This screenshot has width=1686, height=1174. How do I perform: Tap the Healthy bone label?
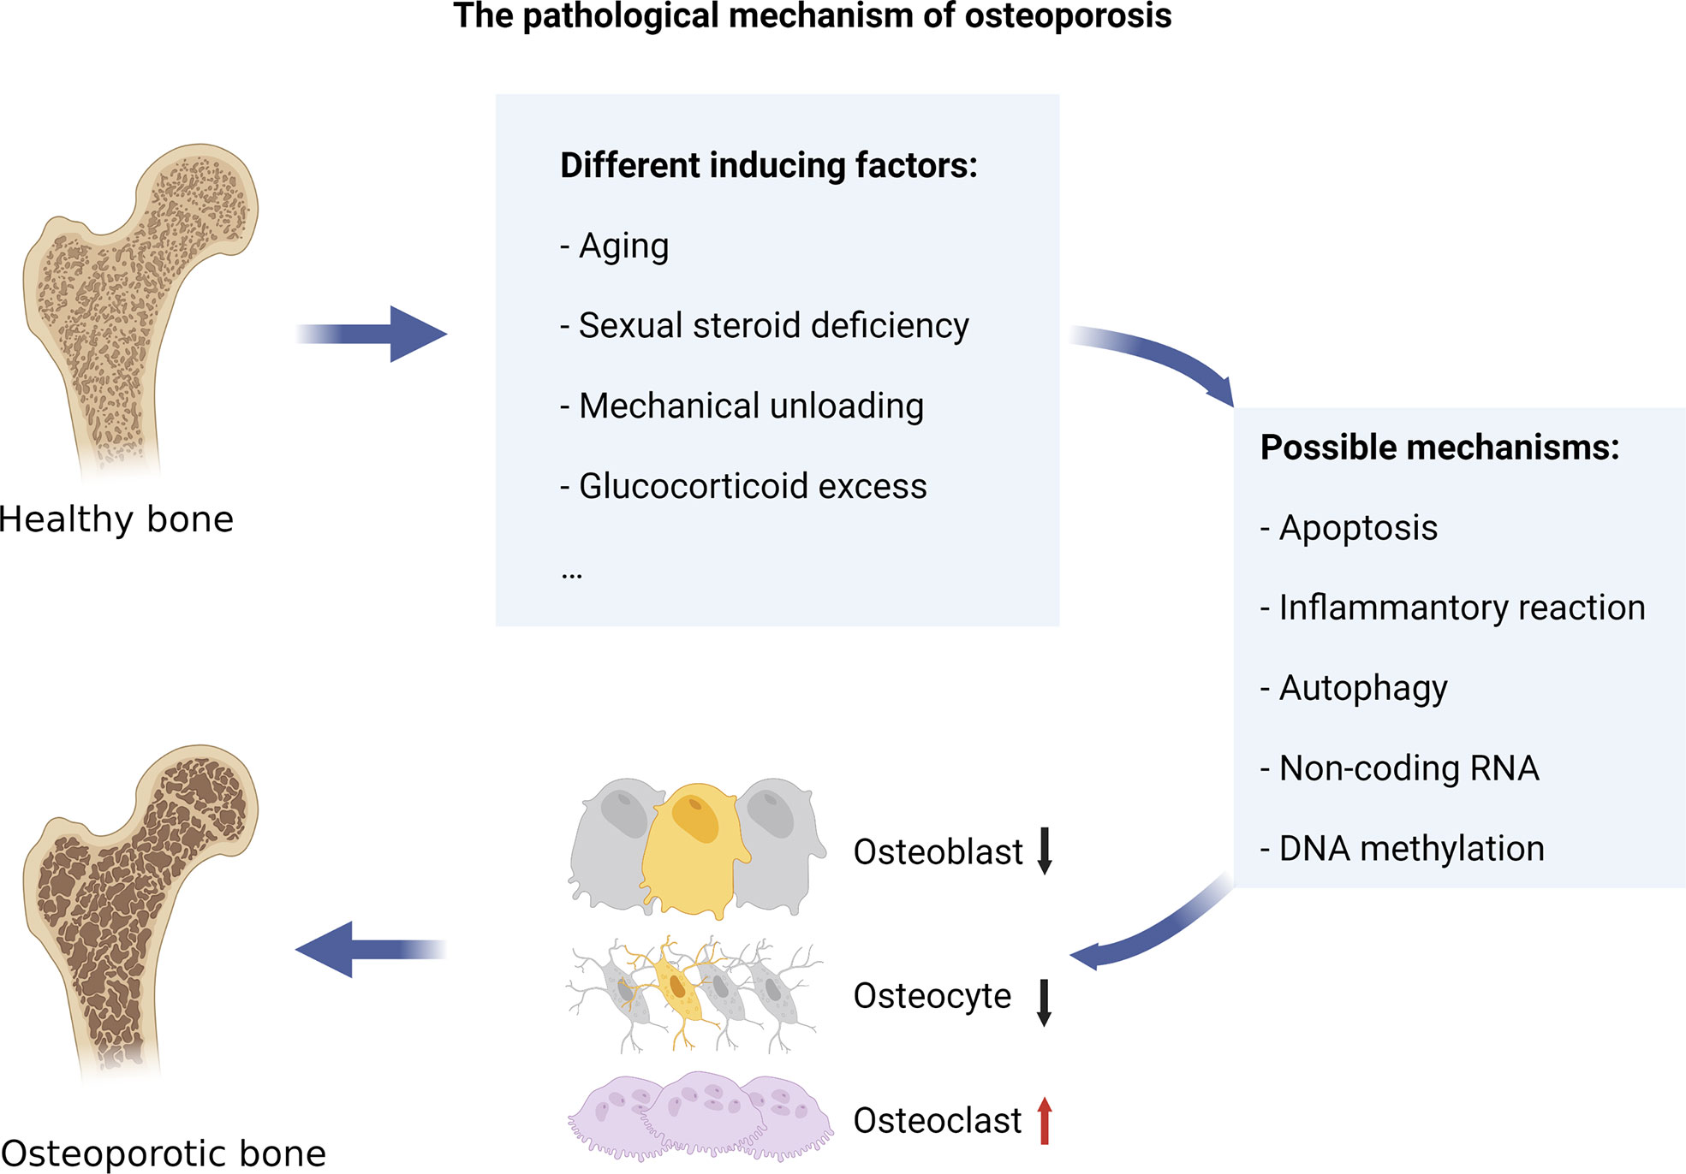[116, 519]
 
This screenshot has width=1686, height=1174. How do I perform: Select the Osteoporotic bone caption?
[164, 1153]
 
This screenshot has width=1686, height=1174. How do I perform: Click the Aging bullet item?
[623, 246]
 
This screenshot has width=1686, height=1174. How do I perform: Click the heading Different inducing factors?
[768, 165]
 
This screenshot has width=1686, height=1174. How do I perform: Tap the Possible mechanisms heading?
[1439, 448]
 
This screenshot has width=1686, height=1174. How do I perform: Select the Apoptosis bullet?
[1358, 528]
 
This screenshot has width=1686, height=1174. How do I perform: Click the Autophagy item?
[1362, 688]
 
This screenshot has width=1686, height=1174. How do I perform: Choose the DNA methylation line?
[1411, 849]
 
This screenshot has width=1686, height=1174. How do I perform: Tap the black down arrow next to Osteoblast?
[1044, 851]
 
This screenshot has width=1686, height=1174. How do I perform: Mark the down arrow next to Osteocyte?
[1044, 1002]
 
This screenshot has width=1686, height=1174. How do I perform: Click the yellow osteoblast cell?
[694, 847]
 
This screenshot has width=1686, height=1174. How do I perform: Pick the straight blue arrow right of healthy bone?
[372, 334]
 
